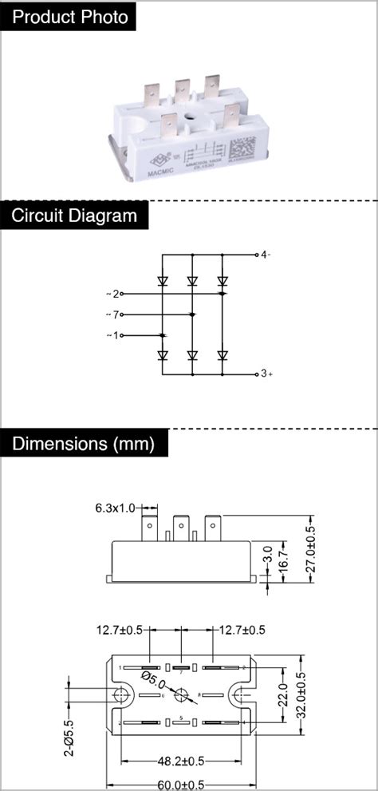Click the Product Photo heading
click(70, 17)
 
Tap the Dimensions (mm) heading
click(83, 444)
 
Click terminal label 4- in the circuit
click(266, 255)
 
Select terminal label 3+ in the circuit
click(266, 374)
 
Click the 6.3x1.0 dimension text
click(116, 508)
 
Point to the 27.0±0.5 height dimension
click(311, 548)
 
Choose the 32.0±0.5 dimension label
click(301, 695)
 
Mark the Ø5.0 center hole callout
click(154, 681)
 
